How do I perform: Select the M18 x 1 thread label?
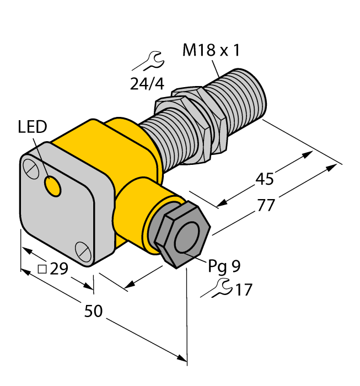(211, 51)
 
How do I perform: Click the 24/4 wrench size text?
(147, 84)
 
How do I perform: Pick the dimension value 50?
(94, 312)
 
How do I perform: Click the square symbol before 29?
(41, 269)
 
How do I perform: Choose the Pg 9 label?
(224, 266)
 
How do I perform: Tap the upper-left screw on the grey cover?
(31, 167)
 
